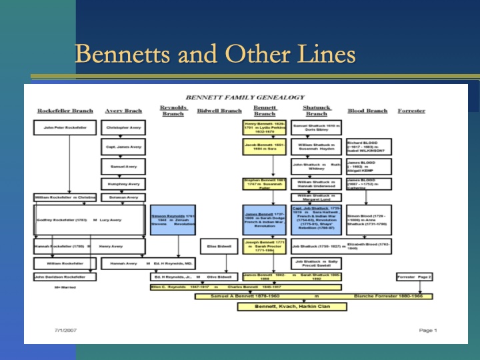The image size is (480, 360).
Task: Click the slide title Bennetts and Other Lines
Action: pos(215,53)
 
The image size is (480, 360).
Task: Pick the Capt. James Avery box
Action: pos(123,147)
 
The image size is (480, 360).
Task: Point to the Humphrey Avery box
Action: pos(123,183)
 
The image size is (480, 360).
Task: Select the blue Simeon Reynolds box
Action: pos(173,220)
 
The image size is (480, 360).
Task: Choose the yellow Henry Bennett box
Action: pos(265,127)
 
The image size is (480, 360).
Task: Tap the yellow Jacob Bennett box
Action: pos(265,147)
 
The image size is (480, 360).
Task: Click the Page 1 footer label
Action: pos(427,330)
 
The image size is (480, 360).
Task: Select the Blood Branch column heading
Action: pos(367,111)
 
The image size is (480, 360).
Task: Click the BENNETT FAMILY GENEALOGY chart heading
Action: pos(245,97)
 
